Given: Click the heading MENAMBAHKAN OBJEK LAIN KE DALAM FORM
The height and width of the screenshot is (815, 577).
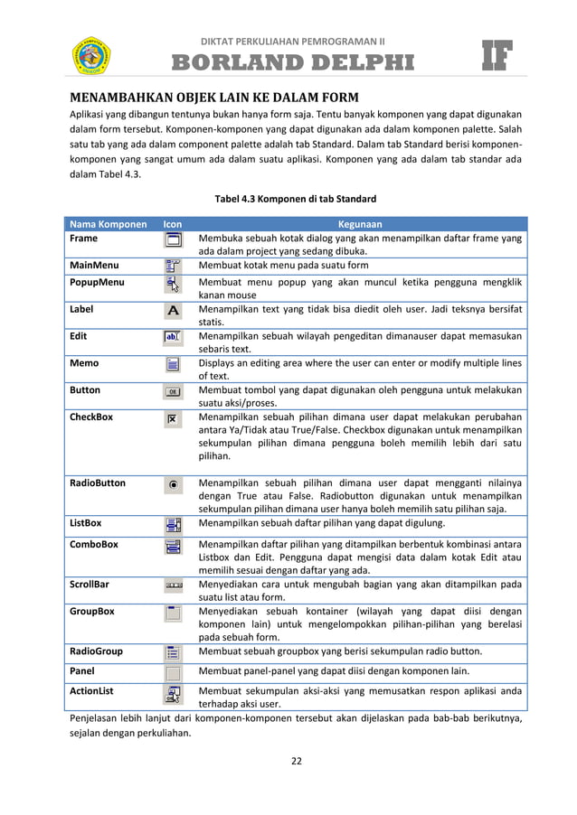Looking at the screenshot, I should (215, 97).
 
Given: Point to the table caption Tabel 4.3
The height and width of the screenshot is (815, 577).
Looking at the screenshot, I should (295, 199).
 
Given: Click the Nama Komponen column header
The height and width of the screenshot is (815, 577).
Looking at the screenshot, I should (109, 224).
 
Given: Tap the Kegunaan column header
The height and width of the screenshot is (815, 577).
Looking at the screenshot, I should (359, 224).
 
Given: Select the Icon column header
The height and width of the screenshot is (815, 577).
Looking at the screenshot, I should (172, 224).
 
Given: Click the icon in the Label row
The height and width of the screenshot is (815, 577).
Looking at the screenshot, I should (173, 310).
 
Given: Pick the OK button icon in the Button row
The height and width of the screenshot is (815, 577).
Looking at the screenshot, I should (173, 391).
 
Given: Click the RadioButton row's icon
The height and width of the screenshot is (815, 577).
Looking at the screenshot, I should (173, 485).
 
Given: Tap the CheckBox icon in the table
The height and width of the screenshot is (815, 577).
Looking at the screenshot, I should (173, 419).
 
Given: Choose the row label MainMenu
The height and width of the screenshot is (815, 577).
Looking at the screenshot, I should (95, 266).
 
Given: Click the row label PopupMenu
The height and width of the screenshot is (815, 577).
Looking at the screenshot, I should (98, 282).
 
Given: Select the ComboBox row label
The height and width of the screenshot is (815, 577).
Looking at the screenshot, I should (94, 545).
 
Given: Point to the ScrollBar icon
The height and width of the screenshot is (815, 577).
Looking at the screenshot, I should (173, 585).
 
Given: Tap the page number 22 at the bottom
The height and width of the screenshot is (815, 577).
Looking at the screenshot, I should (295, 760).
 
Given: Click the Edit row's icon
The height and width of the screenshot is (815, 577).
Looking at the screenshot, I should (173, 337).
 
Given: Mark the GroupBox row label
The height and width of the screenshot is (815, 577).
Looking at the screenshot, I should (92, 611).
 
